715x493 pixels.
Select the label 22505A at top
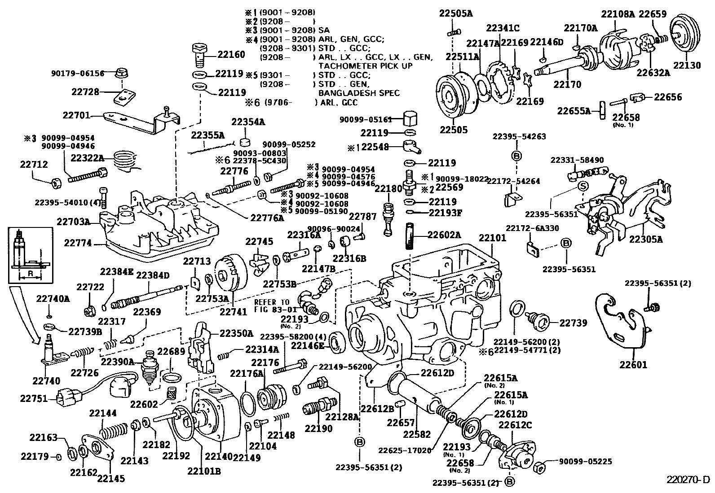coord(456,14)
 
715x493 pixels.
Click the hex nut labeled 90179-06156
coord(120,73)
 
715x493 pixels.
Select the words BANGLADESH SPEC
coord(359,93)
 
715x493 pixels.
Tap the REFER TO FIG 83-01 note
coord(272,305)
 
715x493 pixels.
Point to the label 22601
coord(633,365)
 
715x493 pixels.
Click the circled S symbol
coord(582,186)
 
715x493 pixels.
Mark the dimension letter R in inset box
coord(29,273)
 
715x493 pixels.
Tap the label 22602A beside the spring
coord(444,234)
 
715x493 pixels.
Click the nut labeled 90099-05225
coord(541,467)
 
